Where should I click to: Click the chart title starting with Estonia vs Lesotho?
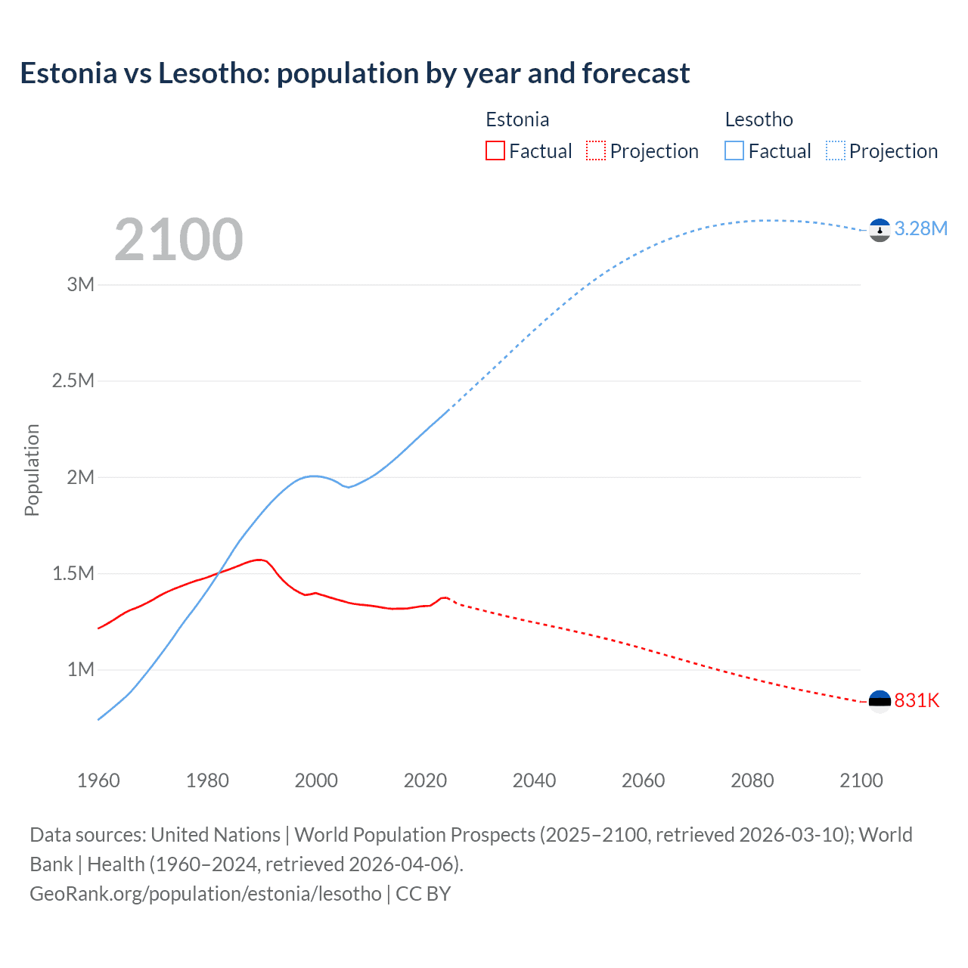coord(355,73)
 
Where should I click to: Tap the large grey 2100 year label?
coord(178,240)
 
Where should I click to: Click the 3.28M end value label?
coord(920,228)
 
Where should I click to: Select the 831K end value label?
coord(917,700)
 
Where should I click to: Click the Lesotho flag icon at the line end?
coord(880,230)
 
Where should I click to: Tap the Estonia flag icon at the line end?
coord(880,701)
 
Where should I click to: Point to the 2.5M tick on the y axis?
coord(73,380)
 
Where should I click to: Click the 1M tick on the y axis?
coord(81,669)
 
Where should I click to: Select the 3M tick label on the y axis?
coord(81,284)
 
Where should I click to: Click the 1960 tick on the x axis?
coord(98,780)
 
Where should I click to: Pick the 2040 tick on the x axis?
coord(534,780)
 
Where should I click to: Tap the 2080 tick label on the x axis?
coord(752,780)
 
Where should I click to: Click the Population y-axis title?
coord(32,470)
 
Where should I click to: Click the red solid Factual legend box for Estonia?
coord(495,150)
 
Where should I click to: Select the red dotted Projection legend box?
coord(596,150)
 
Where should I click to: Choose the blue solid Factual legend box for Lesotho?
coord(734,150)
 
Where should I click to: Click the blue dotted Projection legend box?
coord(836,150)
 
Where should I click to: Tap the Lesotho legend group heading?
coord(759,119)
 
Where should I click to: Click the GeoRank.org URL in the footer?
coord(206,893)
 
